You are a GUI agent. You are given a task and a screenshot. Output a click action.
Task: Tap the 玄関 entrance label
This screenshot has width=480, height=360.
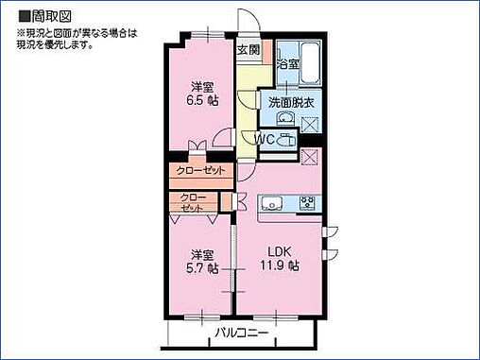(248, 51)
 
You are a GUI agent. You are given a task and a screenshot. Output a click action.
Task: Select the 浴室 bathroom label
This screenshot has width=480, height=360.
(288, 64)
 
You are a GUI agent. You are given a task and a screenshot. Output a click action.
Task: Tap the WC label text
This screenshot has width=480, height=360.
(265, 140)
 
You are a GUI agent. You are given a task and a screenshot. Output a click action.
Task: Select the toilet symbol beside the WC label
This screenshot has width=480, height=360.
(286, 140)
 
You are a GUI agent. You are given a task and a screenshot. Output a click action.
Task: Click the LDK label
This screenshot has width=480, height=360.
(277, 252)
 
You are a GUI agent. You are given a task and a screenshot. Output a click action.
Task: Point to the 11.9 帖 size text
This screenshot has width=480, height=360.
(281, 267)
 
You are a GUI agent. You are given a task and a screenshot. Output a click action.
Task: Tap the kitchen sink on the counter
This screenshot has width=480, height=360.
(271, 202)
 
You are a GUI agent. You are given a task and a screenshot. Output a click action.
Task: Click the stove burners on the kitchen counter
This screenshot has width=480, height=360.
(307, 201)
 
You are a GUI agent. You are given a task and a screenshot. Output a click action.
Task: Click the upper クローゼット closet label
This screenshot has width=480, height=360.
(201, 171)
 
